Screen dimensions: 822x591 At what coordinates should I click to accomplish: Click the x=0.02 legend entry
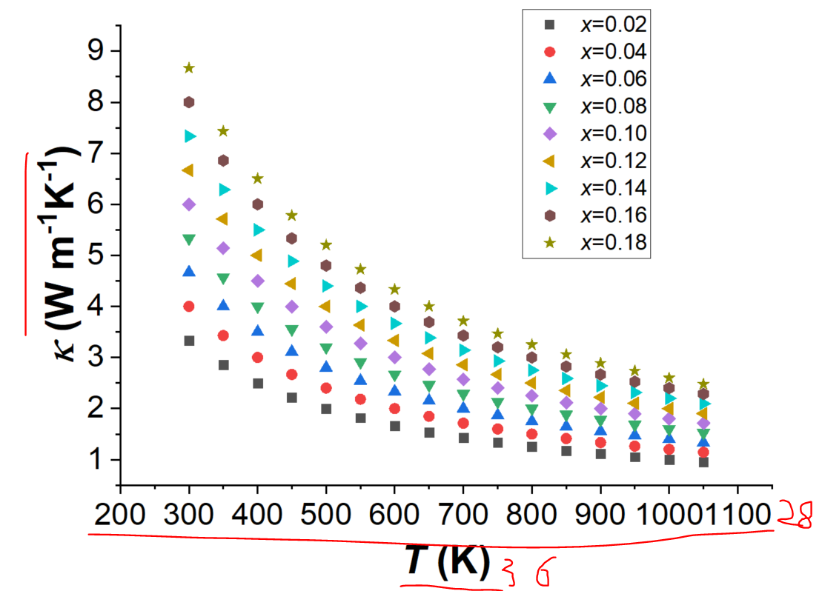pos(595,24)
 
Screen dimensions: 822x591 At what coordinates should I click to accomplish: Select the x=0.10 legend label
pos(614,133)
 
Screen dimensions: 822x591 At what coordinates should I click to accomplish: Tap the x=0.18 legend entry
pos(595,242)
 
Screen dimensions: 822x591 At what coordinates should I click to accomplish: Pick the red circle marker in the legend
pos(549,52)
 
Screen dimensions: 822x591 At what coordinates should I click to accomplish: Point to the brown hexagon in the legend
pos(549,216)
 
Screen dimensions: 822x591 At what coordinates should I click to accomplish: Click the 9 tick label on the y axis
pos(96,50)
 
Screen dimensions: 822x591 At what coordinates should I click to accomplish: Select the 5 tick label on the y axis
pos(96,256)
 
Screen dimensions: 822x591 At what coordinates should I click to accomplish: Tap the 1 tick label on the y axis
pos(96,459)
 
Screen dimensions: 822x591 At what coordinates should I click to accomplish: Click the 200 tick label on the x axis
pos(120,514)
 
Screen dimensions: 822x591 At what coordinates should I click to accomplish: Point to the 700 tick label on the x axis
pos(463,514)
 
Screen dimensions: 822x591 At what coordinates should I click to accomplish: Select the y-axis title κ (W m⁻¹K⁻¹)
pos(59,253)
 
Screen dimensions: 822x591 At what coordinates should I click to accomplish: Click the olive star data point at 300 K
pos(189,68)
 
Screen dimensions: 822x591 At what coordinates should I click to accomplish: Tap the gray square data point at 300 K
pos(189,341)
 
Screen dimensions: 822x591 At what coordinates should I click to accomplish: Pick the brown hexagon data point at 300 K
pos(189,102)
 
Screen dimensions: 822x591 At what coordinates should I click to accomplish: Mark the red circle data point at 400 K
pos(257,357)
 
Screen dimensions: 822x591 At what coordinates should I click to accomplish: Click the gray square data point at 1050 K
pos(703,462)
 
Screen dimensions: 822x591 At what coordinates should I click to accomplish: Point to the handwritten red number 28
pos(796,515)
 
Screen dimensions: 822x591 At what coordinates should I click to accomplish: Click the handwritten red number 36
pos(526,572)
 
